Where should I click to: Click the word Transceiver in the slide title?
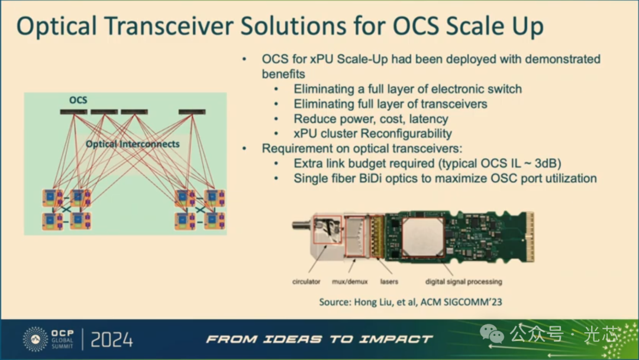pyautogui.click(x=169, y=25)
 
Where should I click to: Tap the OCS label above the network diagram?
pyautogui.click(x=78, y=100)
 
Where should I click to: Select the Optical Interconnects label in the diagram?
pyautogui.click(x=133, y=144)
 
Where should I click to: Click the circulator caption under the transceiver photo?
pyautogui.click(x=306, y=281)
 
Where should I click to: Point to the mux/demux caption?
pyautogui.click(x=350, y=281)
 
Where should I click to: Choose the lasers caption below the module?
pyautogui.click(x=389, y=281)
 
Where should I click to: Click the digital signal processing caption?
pyautogui.click(x=464, y=281)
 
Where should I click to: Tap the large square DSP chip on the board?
pyautogui.click(x=422, y=237)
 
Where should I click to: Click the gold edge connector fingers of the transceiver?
pyautogui.click(x=530, y=237)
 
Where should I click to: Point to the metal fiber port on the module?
pyautogui.click(x=302, y=224)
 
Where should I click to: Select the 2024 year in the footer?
pyautogui.click(x=112, y=340)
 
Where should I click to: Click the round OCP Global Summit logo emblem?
pyautogui.click(x=35, y=339)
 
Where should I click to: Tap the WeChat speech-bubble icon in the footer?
pyautogui.click(x=492, y=334)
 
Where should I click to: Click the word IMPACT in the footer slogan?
pyautogui.click(x=395, y=339)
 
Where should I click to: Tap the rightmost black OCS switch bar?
pyautogui.click(x=192, y=112)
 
